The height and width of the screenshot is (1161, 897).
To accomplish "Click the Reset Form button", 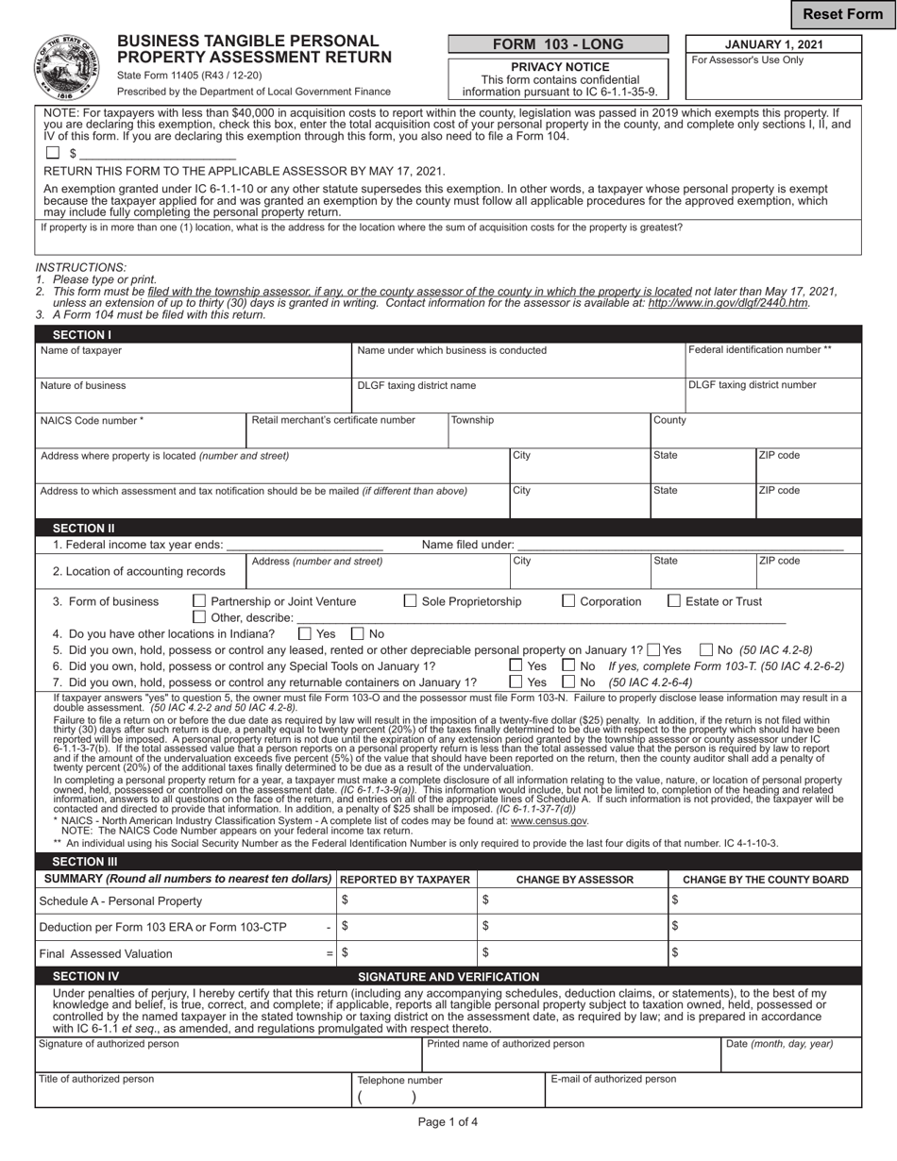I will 842,14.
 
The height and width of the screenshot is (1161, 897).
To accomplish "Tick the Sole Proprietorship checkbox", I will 410,601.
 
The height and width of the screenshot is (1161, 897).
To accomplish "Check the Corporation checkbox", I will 568,601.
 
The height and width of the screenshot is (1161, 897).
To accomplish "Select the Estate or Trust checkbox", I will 674,601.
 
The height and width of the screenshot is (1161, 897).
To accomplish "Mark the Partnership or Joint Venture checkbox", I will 199,601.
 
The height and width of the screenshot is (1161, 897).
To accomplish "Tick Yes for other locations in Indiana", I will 305,634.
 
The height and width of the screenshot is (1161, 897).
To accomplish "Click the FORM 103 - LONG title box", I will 557,44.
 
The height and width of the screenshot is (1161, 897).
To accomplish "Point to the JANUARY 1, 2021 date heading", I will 773,44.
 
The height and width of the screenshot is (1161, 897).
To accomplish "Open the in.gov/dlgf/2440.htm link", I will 728,303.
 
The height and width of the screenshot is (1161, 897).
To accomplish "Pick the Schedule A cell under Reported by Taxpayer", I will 408,900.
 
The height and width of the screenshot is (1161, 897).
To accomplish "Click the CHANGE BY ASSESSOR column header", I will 574,880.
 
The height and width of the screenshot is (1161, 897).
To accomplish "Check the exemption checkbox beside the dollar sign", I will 53,153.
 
